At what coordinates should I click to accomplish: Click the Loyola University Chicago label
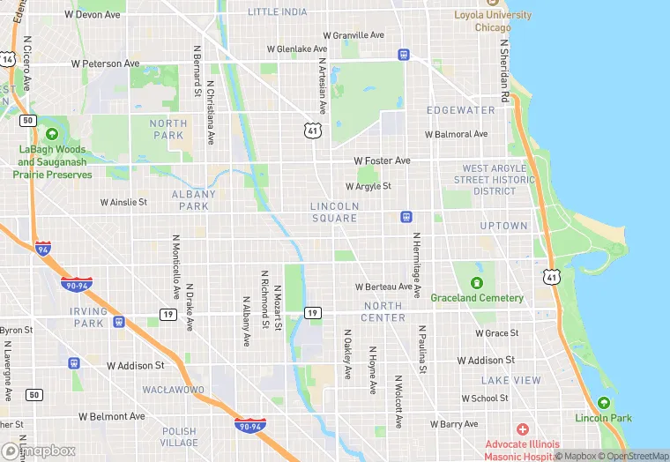click(x=493, y=21)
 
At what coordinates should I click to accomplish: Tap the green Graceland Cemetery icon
click(x=477, y=282)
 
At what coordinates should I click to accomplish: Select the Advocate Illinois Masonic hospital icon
click(x=523, y=429)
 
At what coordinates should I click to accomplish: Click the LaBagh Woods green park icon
click(x=52, y=134)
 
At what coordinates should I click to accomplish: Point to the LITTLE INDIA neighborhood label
click(x=278, y=12)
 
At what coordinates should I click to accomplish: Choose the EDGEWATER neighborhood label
click(x=461, y=110)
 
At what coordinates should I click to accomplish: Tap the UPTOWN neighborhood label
click(x=503, y=226)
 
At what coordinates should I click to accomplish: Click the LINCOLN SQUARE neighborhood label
click(x=334, y=212)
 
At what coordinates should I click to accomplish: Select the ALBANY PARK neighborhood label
click(x=193, y=200)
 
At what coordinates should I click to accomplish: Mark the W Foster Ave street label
click(x=382, y=161)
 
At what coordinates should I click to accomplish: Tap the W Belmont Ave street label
click(x=111, y=416)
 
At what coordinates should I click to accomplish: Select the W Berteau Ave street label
click(x=383, y=287)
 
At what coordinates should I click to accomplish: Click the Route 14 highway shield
click(x=8, y=59)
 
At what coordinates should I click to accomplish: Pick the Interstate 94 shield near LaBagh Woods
click(x=42, y=249)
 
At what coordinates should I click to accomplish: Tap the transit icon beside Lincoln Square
click(x=406, y=216)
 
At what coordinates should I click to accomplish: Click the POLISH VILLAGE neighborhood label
click(x=179, y=437)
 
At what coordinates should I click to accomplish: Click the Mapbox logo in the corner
click(x=39, y=451)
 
